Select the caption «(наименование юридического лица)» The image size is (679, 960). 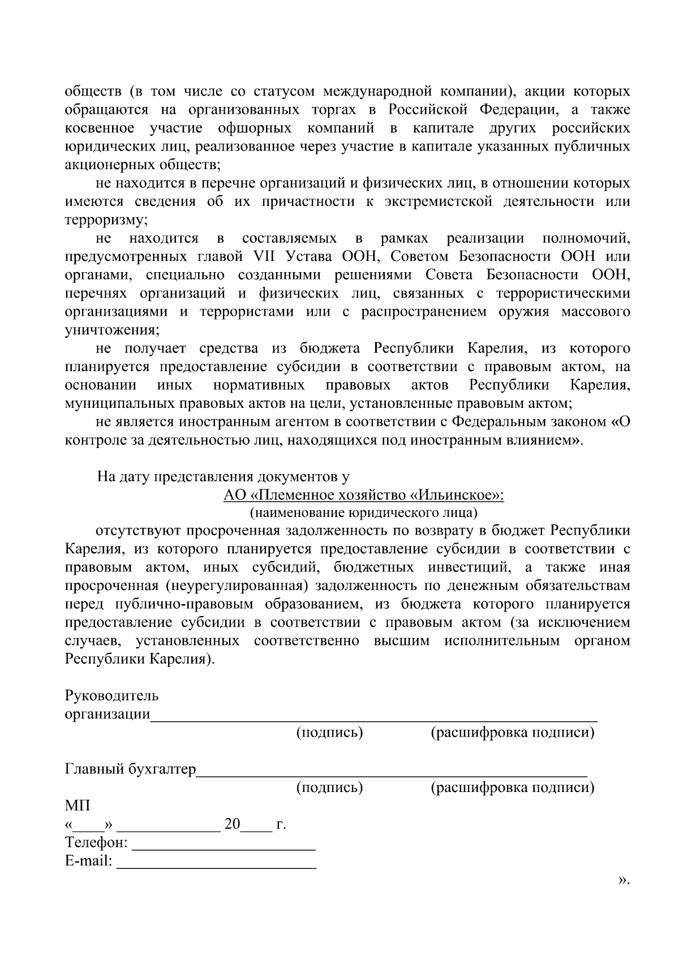pyautogui.click(x=363, y=513)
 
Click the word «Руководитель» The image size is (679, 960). pyautogui.click(x=112, y=695)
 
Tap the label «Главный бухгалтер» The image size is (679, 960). pyautogui.click(x=131, y=769)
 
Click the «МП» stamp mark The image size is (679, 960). pyautogui.click(x=78, y=806)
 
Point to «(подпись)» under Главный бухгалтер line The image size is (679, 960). pyautogui.click(x=329, y=787)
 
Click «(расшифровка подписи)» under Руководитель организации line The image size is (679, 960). pyautogui.click(x=512, y=733)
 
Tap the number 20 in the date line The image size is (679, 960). pyautogui.click(x=233, y=824)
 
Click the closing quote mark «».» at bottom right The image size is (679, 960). pyautogui.click(x=623, y=880)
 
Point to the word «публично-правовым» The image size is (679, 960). pyautogui.click(x=184, y=604)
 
